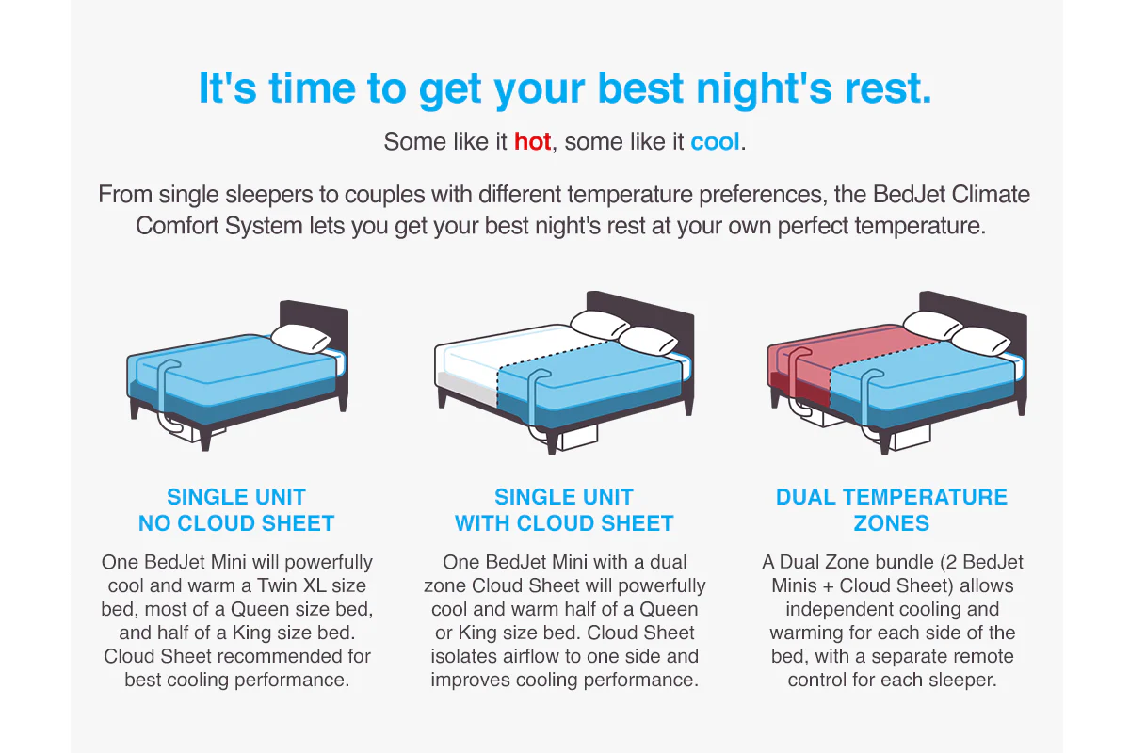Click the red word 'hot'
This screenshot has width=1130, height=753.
[532, 141]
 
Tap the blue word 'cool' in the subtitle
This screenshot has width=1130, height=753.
[715, 141]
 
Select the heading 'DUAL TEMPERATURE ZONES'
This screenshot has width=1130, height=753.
[892, 510]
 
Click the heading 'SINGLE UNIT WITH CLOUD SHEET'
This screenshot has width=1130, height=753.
[564, 510]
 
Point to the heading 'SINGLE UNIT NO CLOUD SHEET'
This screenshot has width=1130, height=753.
[236, 510]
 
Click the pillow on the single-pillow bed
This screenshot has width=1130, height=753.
[300, 339]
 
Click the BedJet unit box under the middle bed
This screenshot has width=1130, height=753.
[580, 435]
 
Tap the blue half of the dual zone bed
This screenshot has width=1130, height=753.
[923, 383]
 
